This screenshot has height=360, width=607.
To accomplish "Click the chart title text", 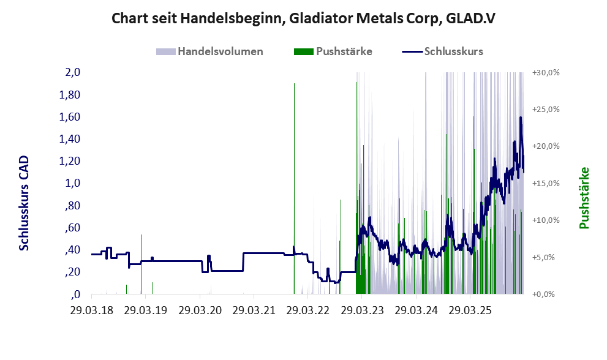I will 303,18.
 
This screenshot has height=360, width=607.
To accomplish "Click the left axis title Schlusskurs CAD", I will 24,203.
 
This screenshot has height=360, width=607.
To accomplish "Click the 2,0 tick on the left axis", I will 73,72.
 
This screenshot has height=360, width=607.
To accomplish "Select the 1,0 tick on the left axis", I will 73,183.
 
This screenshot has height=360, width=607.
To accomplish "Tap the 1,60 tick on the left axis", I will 70,116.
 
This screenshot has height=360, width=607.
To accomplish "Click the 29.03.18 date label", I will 92,311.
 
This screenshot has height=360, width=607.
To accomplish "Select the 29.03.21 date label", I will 253,311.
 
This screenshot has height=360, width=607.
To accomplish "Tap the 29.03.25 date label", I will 468,311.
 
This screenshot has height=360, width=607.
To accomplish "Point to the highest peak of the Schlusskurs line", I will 521,118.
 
